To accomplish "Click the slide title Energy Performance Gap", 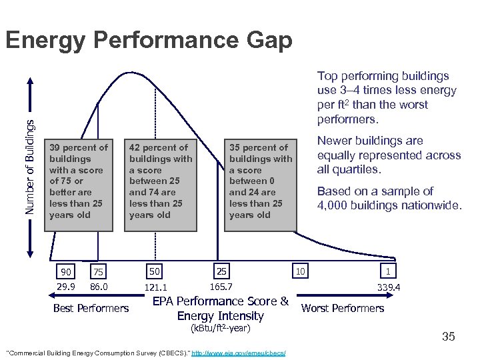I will point(148,41).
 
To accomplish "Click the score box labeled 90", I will point(65,271).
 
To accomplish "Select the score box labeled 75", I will point(98,271).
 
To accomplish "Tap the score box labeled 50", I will point(155,271).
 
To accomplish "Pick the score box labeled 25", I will point(221,271).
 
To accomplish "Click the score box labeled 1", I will point(387,271).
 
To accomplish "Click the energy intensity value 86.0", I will point(98,287).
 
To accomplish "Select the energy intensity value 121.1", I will point(155,287).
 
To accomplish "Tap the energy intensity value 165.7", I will point(221,287).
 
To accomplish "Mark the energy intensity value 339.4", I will point(388,287).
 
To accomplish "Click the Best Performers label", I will point(91,308).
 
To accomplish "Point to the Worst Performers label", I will point(343,308).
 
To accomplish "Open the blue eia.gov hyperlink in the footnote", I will point(238,352).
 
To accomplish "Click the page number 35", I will point(448,337).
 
